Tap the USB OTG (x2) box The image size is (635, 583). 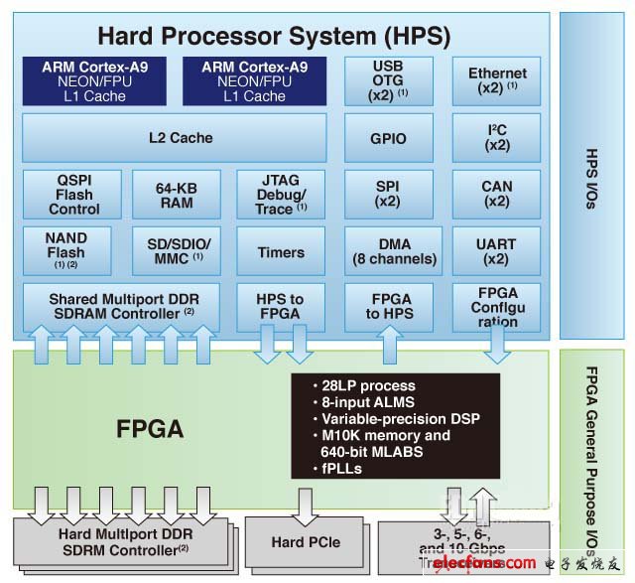(x=388, y=80)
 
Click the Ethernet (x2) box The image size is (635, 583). (x=497, y=80)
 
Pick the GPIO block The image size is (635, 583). (x=388, y=138)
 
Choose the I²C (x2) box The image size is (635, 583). (x=497, y=138)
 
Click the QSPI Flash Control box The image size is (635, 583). (x=74, y=194)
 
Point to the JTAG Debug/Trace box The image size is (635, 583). (x=281, y=194)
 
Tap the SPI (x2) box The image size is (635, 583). (x=388, y=194)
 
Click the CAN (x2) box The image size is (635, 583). (x=497, y=194)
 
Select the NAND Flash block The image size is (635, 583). (x=66, y=250)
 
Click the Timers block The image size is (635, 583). (x=281, y=251)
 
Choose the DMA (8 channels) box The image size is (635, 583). (x=394, y=251)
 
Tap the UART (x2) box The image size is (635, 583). (x=497, y=251)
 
